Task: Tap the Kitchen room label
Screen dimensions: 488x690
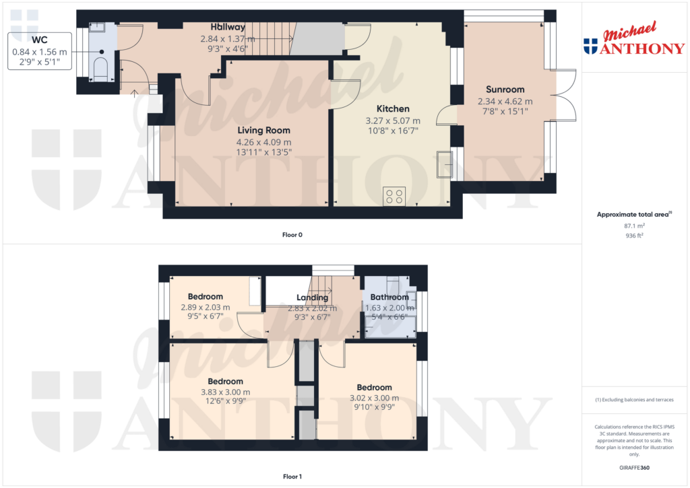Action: click(x=392, y=109)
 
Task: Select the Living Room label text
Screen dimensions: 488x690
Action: click(x=263, y=131)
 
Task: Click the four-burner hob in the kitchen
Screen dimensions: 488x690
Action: click(x=394, y=195)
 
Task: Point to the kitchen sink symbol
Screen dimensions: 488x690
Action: click(x=445, y=163)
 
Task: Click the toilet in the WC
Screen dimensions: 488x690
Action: click(x=100, y=69)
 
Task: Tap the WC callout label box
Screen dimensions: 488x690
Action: click(x=40, y=50)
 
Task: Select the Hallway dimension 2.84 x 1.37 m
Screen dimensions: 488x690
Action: click(x=228, y=39)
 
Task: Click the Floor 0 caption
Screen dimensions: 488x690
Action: click(x=292, y=235)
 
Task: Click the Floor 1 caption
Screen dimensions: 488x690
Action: click(x=292, y=477)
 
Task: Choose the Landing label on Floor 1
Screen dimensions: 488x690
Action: click(x=313, y=298)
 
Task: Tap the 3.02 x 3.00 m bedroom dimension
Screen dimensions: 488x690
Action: click(x=374, y=397)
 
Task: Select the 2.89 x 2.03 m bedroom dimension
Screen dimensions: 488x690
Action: click(x=205, y=307)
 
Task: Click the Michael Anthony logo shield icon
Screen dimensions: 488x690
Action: click(x=590, y=46)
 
